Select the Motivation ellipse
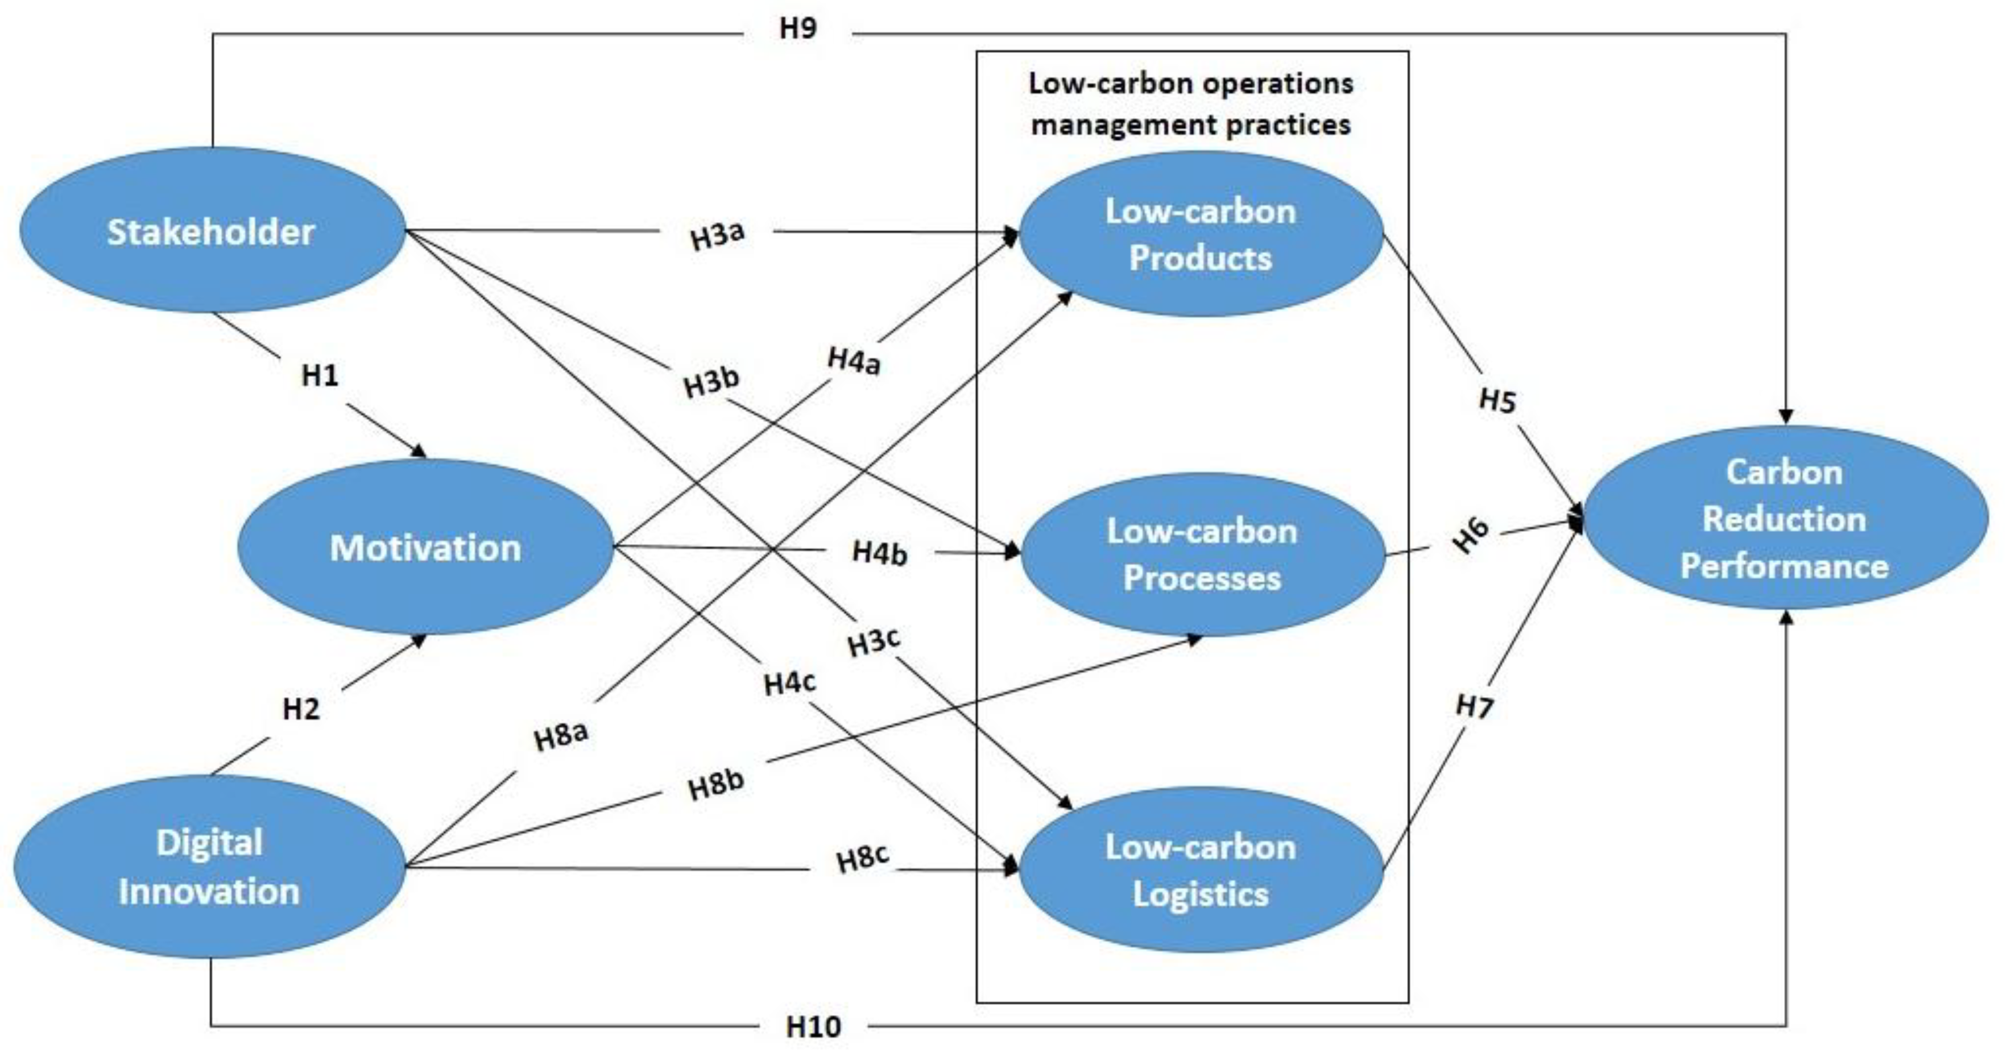pyautogui.click(x=425, y=547)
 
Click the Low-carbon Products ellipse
pyautogui.click(x=1201, y=234)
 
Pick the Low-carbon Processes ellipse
pyautogui.click(x=1202, y=555)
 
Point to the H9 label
pyautogui.click(x=798, y=29)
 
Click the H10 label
pyautogui.click(x=813, y=1027)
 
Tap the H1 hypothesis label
pyautogui.click(x=320, y=376)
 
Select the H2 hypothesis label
pyautogui.click(x=301, y=709)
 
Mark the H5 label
pyautogui.click(x=1497, y=400)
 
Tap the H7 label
pyautogui.click(x=1474, y=707)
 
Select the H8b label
pyautogui.click(x=716, y=784)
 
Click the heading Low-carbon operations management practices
pyautogui.click(x=1190, y=103)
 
